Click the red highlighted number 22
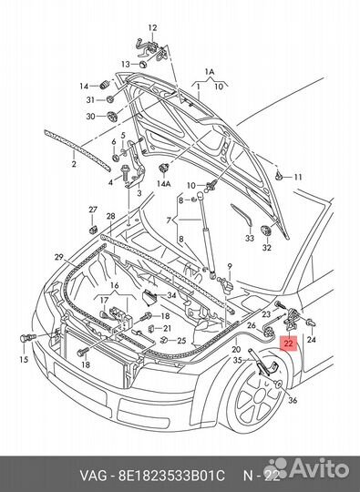tap(288, 343)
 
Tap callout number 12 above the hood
tap(152, 27)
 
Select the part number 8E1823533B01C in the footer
tap(171, 476)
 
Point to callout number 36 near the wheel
tap(293, 400)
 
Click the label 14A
tap(163, 183)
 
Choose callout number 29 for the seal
tap(59, 257)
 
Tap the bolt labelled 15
tap(27, 338)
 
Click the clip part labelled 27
tap(93, 230)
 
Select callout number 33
tap(250, 239)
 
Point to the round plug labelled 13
tap(144, 64)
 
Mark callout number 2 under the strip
tap(74, 164)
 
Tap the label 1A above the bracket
tap(210, 72)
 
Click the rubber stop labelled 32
tap(266, 231)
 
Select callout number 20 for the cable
tap(236, 349)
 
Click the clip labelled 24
tap(311, 323)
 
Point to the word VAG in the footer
tap(93, 476)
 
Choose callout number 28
tap(110, 216)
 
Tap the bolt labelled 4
tap(125, 173)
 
